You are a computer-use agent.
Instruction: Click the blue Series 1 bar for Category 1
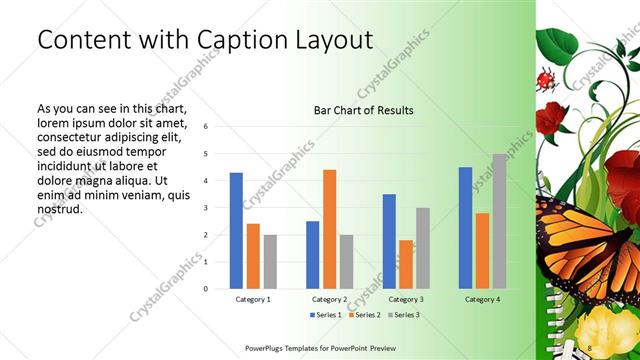click(x=236, y=231)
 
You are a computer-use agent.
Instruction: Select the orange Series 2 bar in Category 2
click(x=329, y=229)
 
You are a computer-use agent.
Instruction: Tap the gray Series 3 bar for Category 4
click(x=499, y=221)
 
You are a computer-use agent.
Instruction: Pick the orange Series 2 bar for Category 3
click(x=406, y=264)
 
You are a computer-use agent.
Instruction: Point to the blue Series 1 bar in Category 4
click(x=465, y=228)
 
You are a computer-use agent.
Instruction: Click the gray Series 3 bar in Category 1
click(x=270, y=262)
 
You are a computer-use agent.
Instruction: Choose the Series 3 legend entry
click(x=402, y=315)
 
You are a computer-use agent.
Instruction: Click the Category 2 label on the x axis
click(x=329, y=298)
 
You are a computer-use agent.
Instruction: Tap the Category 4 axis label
click(x=482, y=298)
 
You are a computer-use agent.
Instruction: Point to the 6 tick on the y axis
click(x=204, y=127)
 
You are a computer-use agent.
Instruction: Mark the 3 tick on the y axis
click(x=204, y=208)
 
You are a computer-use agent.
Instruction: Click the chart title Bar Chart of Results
click(x=363, y=109)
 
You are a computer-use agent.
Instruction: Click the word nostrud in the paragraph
click(x=58, y=209)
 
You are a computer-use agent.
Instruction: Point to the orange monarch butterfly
click(x=581, y=240)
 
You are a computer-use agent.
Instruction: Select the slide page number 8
click(x=589, y=346)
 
